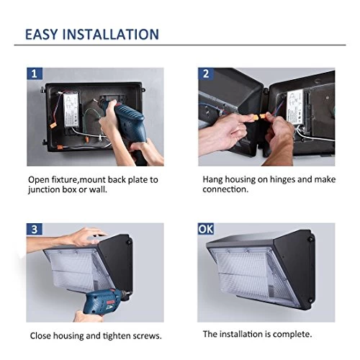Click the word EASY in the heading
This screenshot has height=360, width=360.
point(41,34)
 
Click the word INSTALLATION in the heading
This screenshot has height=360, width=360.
point(111,34)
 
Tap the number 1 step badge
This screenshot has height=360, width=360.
point(35,73)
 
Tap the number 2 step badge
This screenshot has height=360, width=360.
point(206,73)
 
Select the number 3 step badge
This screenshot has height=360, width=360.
point(35,229)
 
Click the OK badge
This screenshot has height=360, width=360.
point(206,229)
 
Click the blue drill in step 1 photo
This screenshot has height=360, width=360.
point(127,125)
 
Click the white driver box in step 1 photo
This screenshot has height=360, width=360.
point(71,110)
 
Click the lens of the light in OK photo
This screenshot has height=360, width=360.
point(250,274)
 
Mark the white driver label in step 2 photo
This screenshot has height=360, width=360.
point(295,107)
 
